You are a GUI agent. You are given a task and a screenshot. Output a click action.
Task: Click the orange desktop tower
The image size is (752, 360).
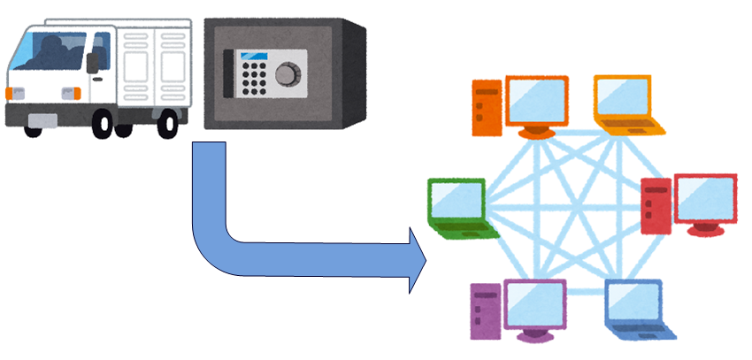point(487,106)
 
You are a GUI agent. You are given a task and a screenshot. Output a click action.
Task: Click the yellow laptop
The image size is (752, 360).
point(625,104)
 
